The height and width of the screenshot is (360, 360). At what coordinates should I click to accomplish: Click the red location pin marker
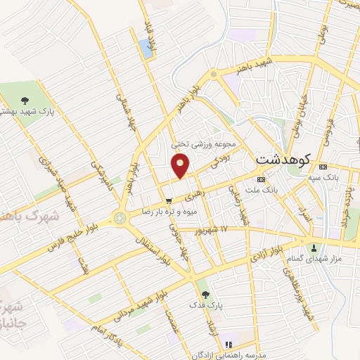coord(181,167)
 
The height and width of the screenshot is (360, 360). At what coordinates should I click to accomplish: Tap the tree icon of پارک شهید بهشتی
coord(25,101)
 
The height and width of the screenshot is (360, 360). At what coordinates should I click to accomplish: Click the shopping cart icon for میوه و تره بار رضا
coord(168,200)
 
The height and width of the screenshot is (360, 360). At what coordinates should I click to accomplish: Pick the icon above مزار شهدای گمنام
coord(314,247)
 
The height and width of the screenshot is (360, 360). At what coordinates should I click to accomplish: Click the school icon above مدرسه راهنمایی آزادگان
coord(228,344)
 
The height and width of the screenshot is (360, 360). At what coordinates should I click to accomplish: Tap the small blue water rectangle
coord(146,48)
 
